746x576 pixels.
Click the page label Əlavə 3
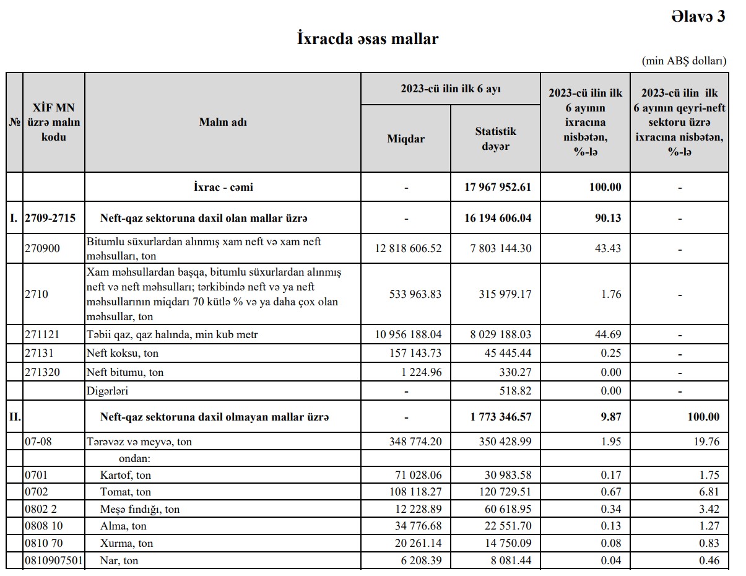point(698,17)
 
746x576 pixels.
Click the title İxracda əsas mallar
point(368,39)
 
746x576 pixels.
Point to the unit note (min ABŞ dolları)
point(684,61)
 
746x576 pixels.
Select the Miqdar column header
point(406,139)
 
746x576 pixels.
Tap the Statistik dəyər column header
point(495,139)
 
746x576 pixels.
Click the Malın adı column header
point(223,122)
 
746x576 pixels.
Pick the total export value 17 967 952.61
point(498,187)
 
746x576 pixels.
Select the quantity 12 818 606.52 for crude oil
point(409,248)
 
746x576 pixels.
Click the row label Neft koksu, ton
point(123,354)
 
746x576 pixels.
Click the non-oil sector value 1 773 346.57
point(501,417)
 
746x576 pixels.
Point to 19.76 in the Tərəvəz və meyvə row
point(706,442)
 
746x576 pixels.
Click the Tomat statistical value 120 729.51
point(505,492)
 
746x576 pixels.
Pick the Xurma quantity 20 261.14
point(414,543)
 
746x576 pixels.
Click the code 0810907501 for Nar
point(53,561)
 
